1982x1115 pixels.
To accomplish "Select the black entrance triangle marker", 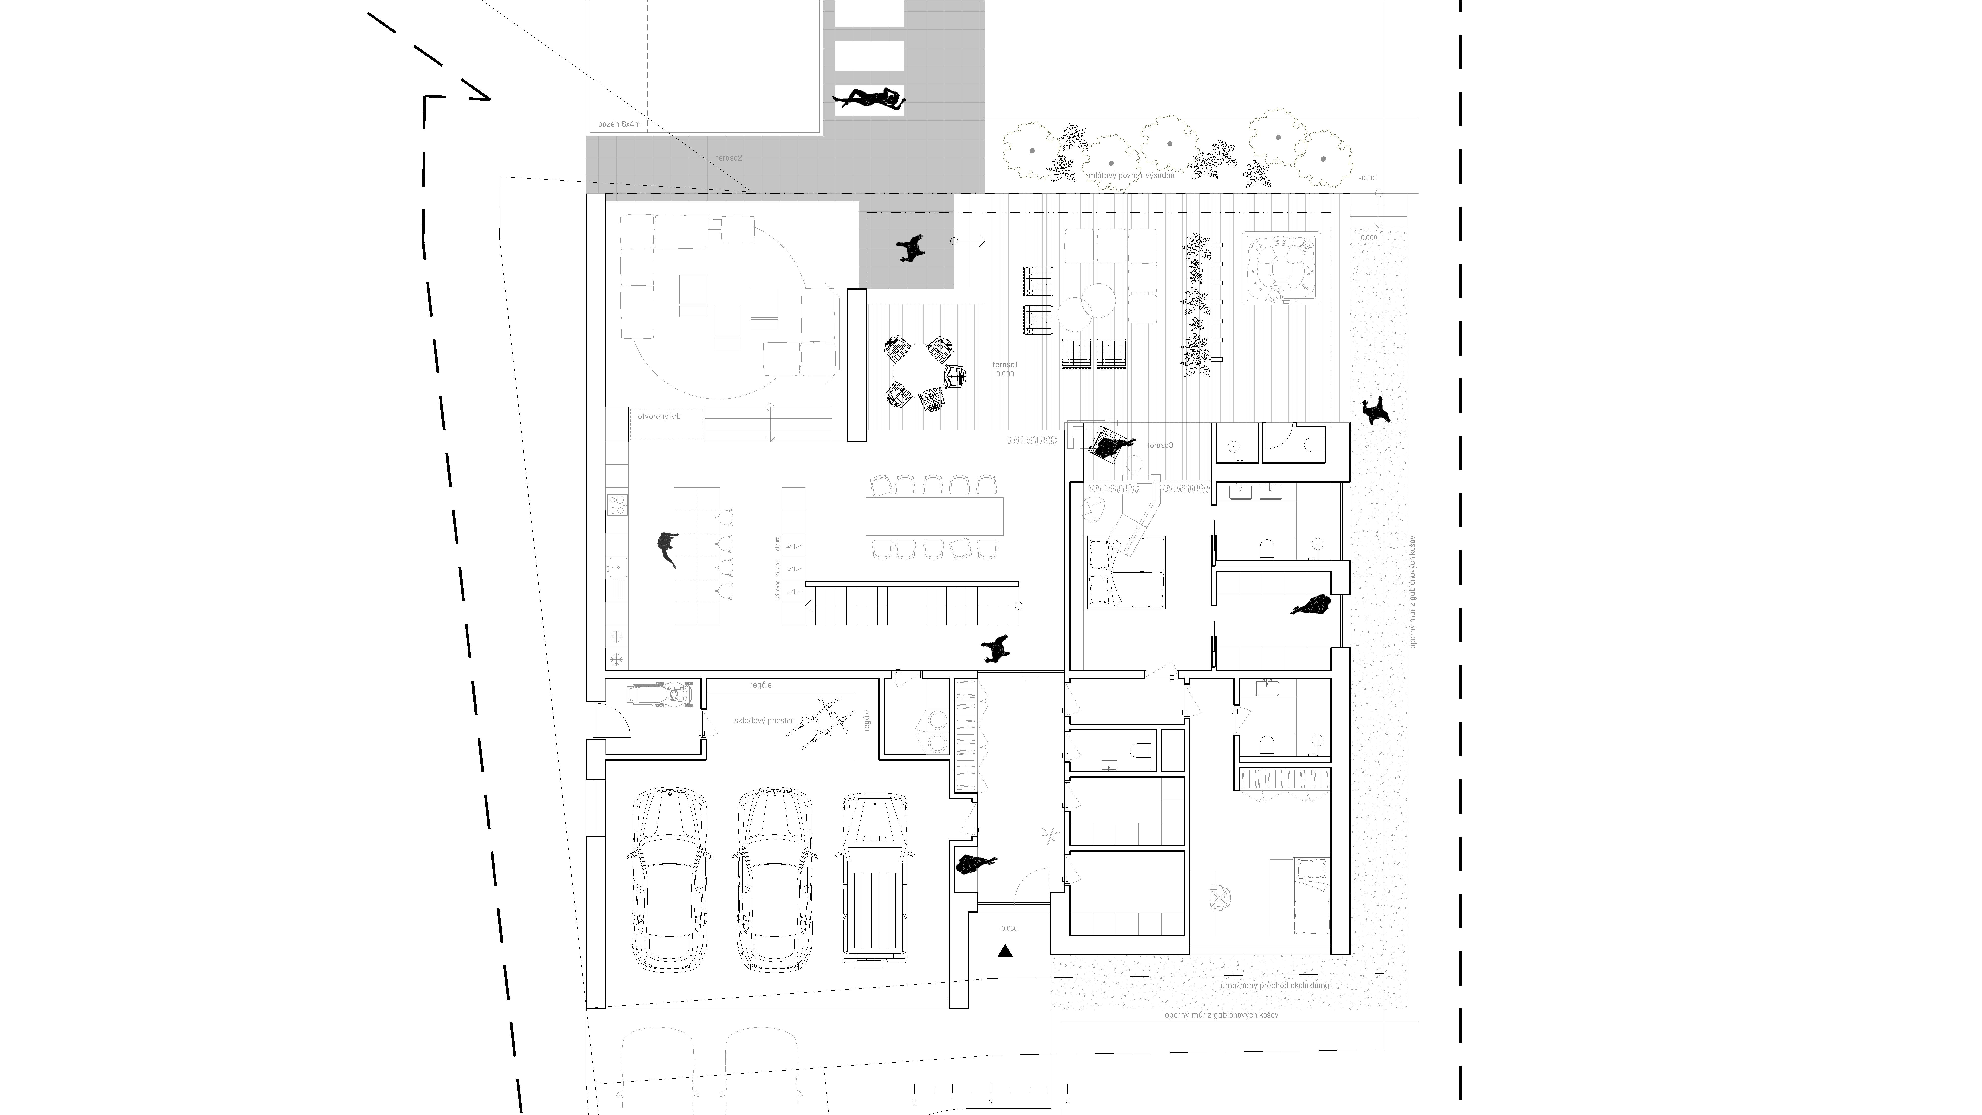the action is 1005,951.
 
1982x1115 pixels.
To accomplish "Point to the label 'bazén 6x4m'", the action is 619,124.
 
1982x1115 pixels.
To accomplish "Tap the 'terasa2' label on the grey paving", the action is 729,158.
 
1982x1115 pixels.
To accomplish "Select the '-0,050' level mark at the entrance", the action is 1008,928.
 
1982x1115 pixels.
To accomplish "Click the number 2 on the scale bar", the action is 990,1102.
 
